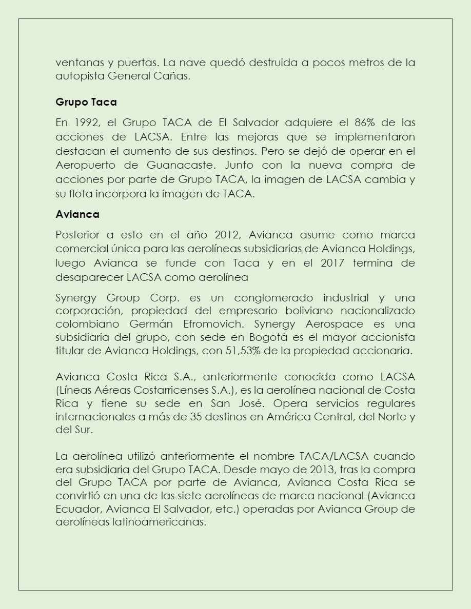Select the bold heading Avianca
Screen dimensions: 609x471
point(77,214)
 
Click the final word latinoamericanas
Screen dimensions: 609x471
point(159,523)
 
